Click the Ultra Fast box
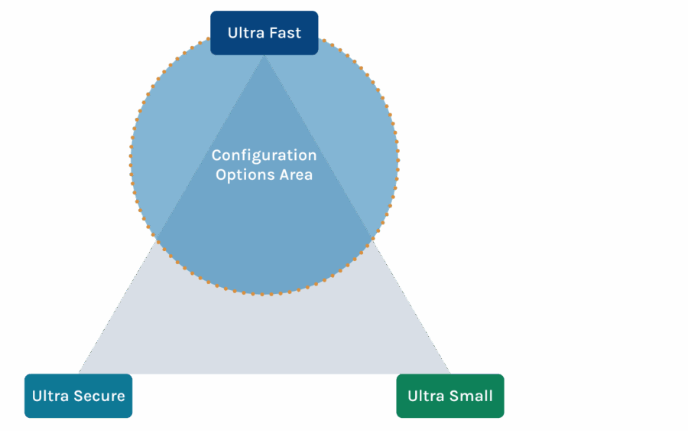pos(264,33)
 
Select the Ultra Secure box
pos(78,396)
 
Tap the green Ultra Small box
pos(449,396)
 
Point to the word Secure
pos(99,396)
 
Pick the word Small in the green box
pos(471,396)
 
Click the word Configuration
pos(264,155)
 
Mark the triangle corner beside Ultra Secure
pos(80,373)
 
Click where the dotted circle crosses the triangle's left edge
pos(156,240)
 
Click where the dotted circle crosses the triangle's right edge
pos(373,239)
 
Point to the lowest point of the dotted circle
pos(264,294)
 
